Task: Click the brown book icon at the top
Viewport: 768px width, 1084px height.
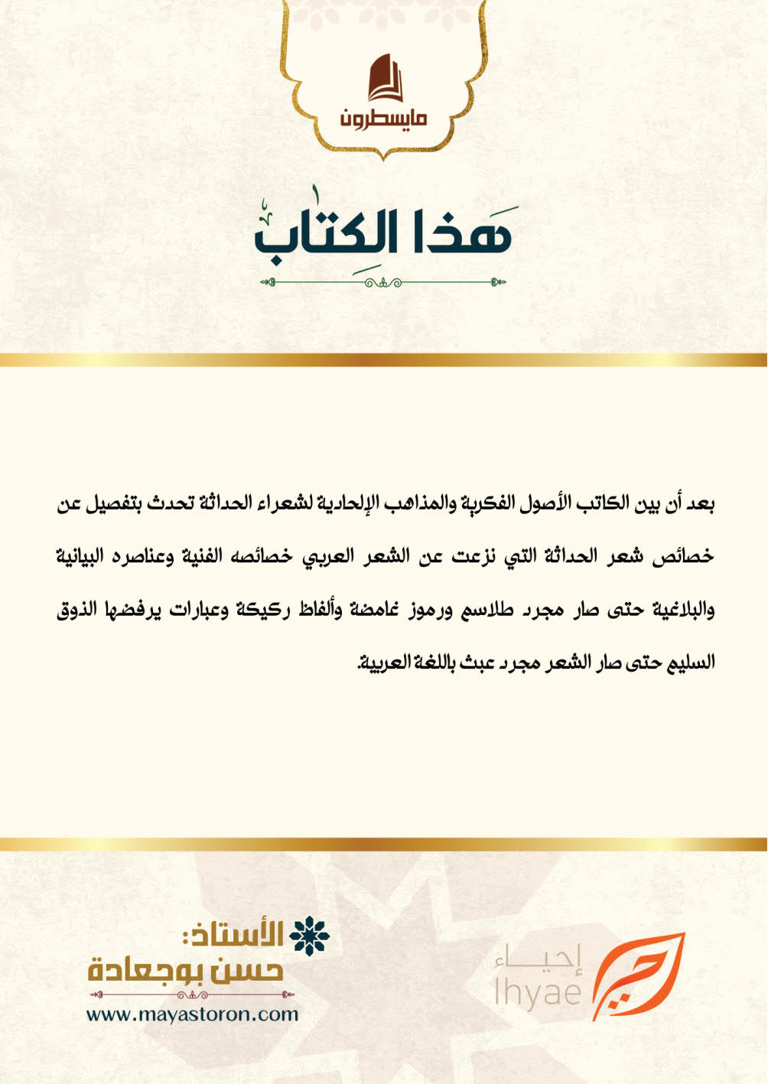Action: pos(385,78)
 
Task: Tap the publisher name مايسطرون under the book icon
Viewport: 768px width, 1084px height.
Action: pos(384,119)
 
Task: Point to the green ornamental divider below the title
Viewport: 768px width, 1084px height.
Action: pos(383,282)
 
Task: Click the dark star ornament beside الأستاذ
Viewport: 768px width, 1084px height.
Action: pos(309,935)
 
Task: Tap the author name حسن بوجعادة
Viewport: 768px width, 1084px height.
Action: pos(186,970)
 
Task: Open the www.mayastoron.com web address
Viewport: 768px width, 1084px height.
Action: pos(192,1014)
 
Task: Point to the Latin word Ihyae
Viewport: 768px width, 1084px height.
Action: pos(538,992)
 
